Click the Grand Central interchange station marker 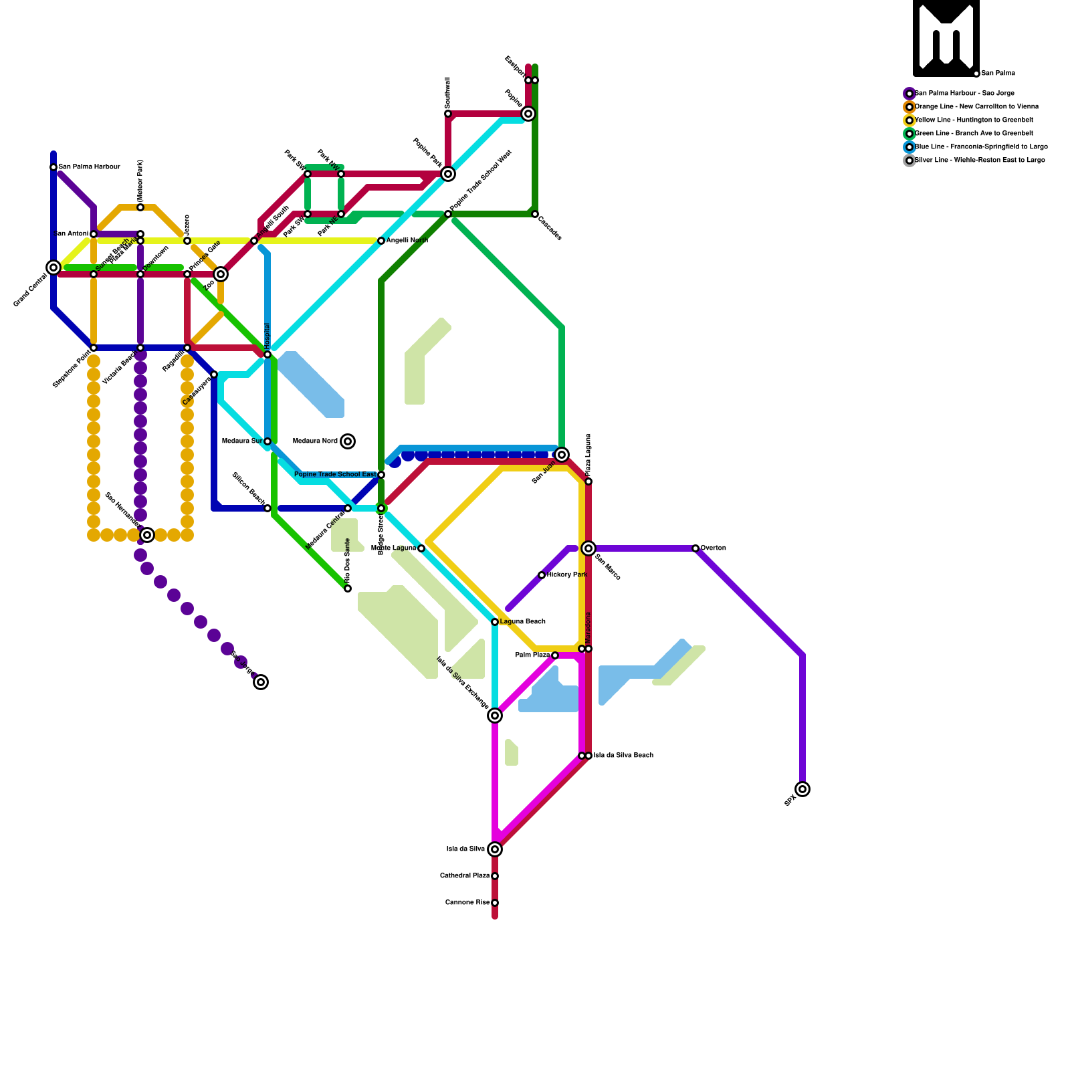[53, 267]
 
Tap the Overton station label [714, 548]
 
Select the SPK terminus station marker [802, 789]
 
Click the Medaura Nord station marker [348, 441]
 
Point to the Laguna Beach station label [523, 622]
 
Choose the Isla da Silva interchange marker [495, 849]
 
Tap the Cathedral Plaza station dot [495, 876]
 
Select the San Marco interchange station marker [588, 548]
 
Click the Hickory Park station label [567, 575]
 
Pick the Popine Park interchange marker [448, 174]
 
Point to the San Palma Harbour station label [89, 167]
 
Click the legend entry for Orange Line [976, 107]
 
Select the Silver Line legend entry [979, 160]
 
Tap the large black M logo [946, 37]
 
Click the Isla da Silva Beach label [623, 756]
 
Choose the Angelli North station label [407, 241]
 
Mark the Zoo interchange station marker [221, 274]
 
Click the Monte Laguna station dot [421, 548]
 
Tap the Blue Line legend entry [980, 147]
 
